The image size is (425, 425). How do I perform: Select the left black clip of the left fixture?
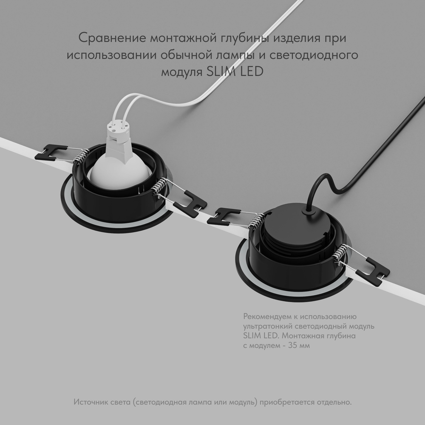tap(50, 152)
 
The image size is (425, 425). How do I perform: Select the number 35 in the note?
tap(294, 346)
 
